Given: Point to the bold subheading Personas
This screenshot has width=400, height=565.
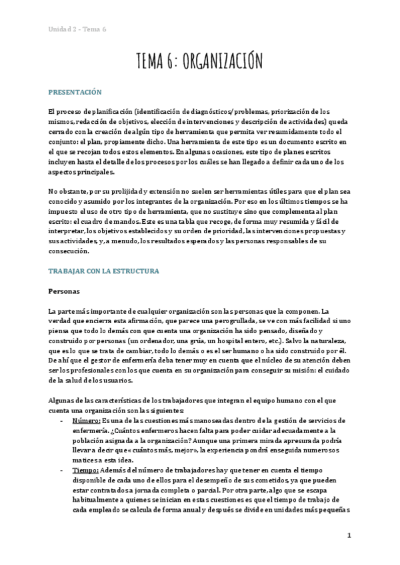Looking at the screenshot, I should coord(64,291).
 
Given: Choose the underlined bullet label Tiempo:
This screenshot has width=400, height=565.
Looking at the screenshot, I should coord(85,470).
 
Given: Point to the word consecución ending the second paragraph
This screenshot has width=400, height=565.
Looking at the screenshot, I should coord(69,251).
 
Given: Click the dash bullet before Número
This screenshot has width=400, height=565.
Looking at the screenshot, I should coord(61,420).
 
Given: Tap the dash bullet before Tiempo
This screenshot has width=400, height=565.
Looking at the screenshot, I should coord(61,470).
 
